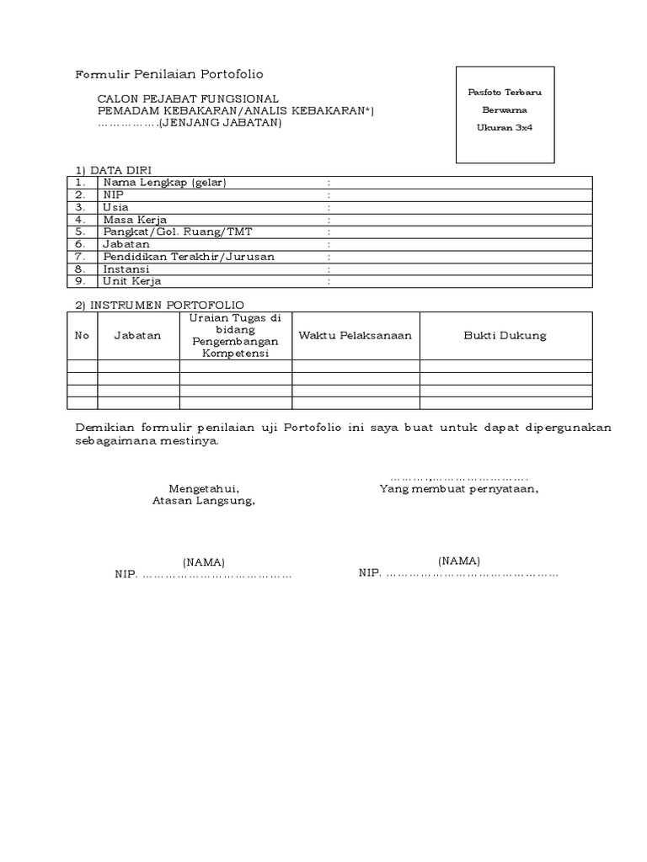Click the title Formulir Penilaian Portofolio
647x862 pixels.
coord(169,75)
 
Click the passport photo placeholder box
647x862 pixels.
coord(505,114)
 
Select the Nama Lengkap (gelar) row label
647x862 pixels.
coord(165,182)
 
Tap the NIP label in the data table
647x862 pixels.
coord(113,194)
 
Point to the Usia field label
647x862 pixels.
coord(116,207)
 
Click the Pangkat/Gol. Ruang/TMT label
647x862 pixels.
coord(167,231)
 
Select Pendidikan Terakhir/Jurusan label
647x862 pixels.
coord(190,256)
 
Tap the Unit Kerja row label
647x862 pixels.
coord(132,281)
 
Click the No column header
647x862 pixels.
coord(82,335)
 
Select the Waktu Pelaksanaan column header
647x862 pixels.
coord(356,335)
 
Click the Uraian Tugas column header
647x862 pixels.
coord(236,335)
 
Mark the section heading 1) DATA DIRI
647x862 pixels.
coord(114,169)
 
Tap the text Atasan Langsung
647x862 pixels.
coord(203,500)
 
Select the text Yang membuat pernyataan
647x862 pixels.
coord(459,487)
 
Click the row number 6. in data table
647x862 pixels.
coord(81,244)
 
